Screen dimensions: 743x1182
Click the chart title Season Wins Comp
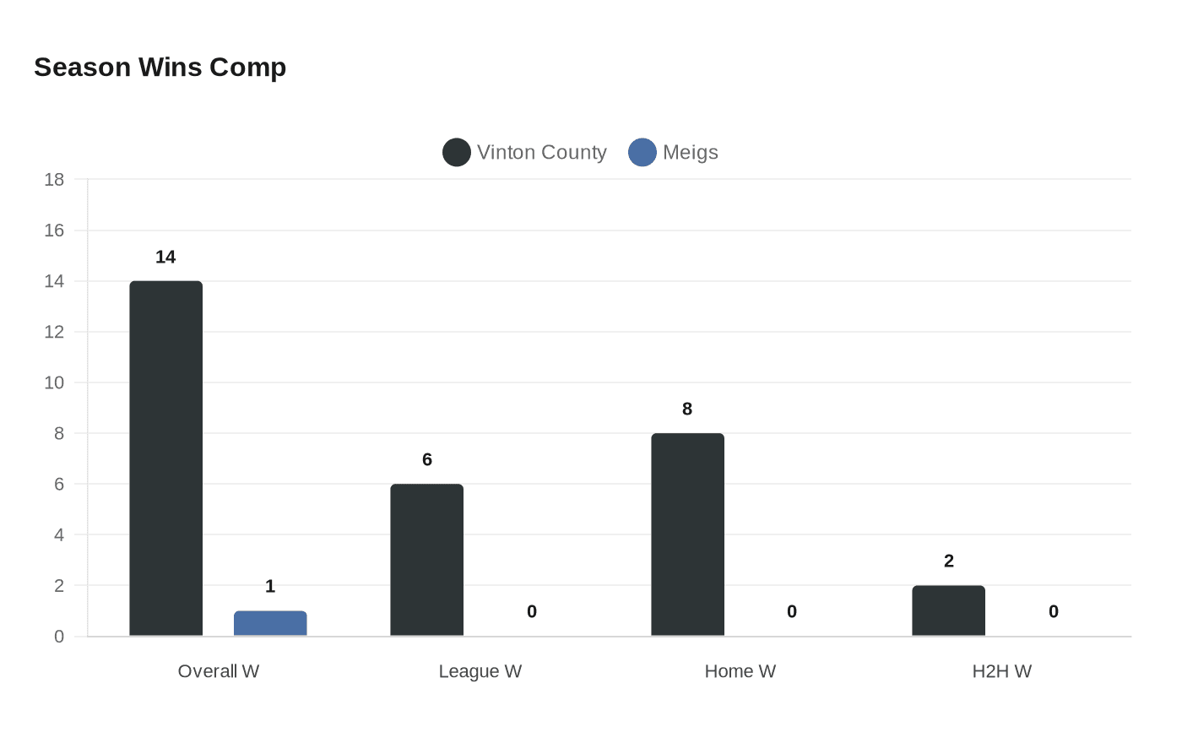[160, 68]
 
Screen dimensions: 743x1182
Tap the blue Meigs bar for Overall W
[270, 623]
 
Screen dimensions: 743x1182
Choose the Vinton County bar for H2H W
[948, 610]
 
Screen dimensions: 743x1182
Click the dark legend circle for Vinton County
[457, 153]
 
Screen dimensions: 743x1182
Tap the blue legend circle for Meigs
[643, 153]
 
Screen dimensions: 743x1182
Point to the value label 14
[165, 258]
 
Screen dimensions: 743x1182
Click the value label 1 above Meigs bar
[270, 587]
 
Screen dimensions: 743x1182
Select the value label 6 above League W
[427, 460]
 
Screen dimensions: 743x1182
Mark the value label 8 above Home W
[687, 409]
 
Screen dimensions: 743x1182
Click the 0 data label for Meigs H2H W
[1054, 612]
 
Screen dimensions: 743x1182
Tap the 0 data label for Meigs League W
[532, 612]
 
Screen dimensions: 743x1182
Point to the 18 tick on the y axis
[54, 180]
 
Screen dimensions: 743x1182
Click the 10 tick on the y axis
[54, 382]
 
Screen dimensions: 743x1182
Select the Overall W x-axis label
[219, 672]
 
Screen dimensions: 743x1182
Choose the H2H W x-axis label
[1002, 672]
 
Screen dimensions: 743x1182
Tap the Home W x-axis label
[740, 672]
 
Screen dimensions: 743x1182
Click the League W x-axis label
[480, 672]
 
